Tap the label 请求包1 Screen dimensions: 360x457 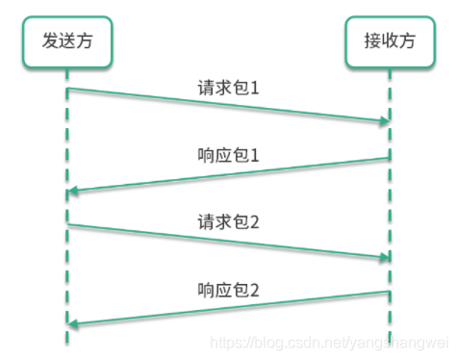click(x=228, y=87)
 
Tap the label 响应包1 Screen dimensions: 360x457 click(x=228, y=154)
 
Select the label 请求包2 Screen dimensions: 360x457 click(x=228, y=220)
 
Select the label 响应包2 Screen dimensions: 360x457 click(x=228, y=289)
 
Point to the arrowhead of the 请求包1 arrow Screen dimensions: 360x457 click(x=385, y=121)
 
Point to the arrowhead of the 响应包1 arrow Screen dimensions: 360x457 click(x=72, y=191)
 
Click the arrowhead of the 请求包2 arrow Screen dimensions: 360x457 click(x=385, y=257)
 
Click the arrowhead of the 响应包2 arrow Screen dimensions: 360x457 click(x=72, y=324)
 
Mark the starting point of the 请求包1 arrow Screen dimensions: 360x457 click(x=67, y=90)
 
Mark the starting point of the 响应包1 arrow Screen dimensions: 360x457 click(x=390, y=158)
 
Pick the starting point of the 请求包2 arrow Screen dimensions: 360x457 click(x=67, y=224)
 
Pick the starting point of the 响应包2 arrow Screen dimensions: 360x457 click(x=390, y=292)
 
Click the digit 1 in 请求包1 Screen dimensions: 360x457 click(x=255, y=87)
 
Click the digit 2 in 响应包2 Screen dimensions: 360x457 click(x=255, y=289)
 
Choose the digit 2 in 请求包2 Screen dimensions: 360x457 click(x=255, y=220)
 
